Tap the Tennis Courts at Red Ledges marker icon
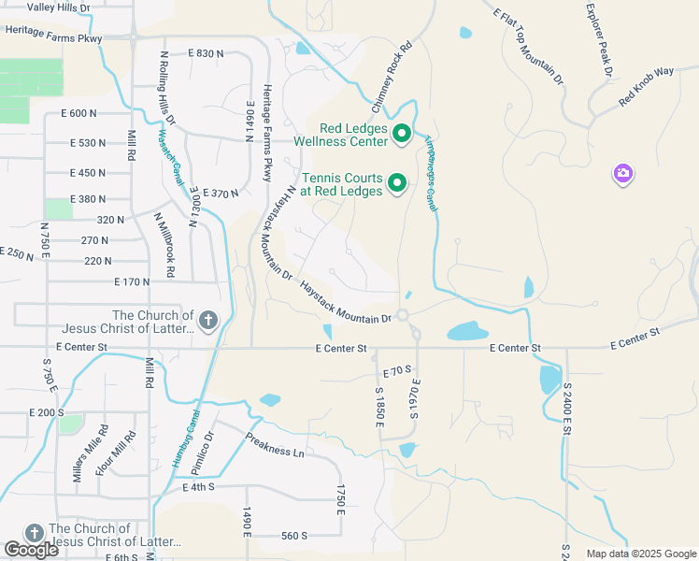point(397,183)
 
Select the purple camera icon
point(623,174)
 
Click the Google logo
point(32,550)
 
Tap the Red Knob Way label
point(646,85)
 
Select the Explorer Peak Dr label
point(598,39)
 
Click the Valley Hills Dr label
point(59,7)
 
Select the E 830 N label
point(206,53)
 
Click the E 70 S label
point(397,371)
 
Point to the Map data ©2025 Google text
point(641,554)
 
